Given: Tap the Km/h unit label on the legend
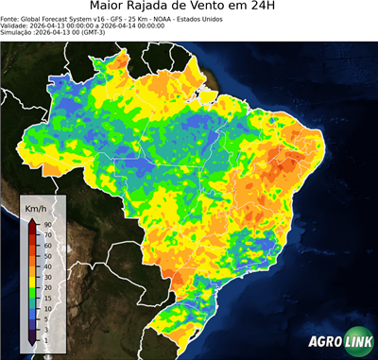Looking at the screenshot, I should pos(37,207).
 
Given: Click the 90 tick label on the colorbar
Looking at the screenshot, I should pos(47,224).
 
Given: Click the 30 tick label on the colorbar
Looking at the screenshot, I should pos(47,276).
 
